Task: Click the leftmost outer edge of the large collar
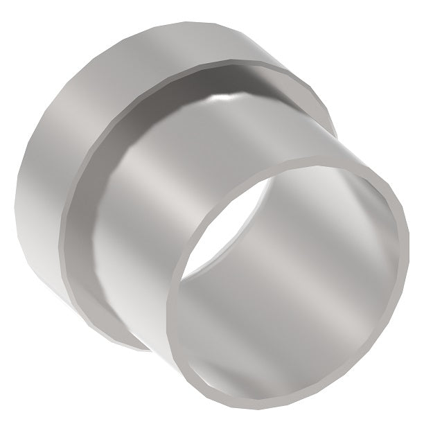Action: tap(17, 201)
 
